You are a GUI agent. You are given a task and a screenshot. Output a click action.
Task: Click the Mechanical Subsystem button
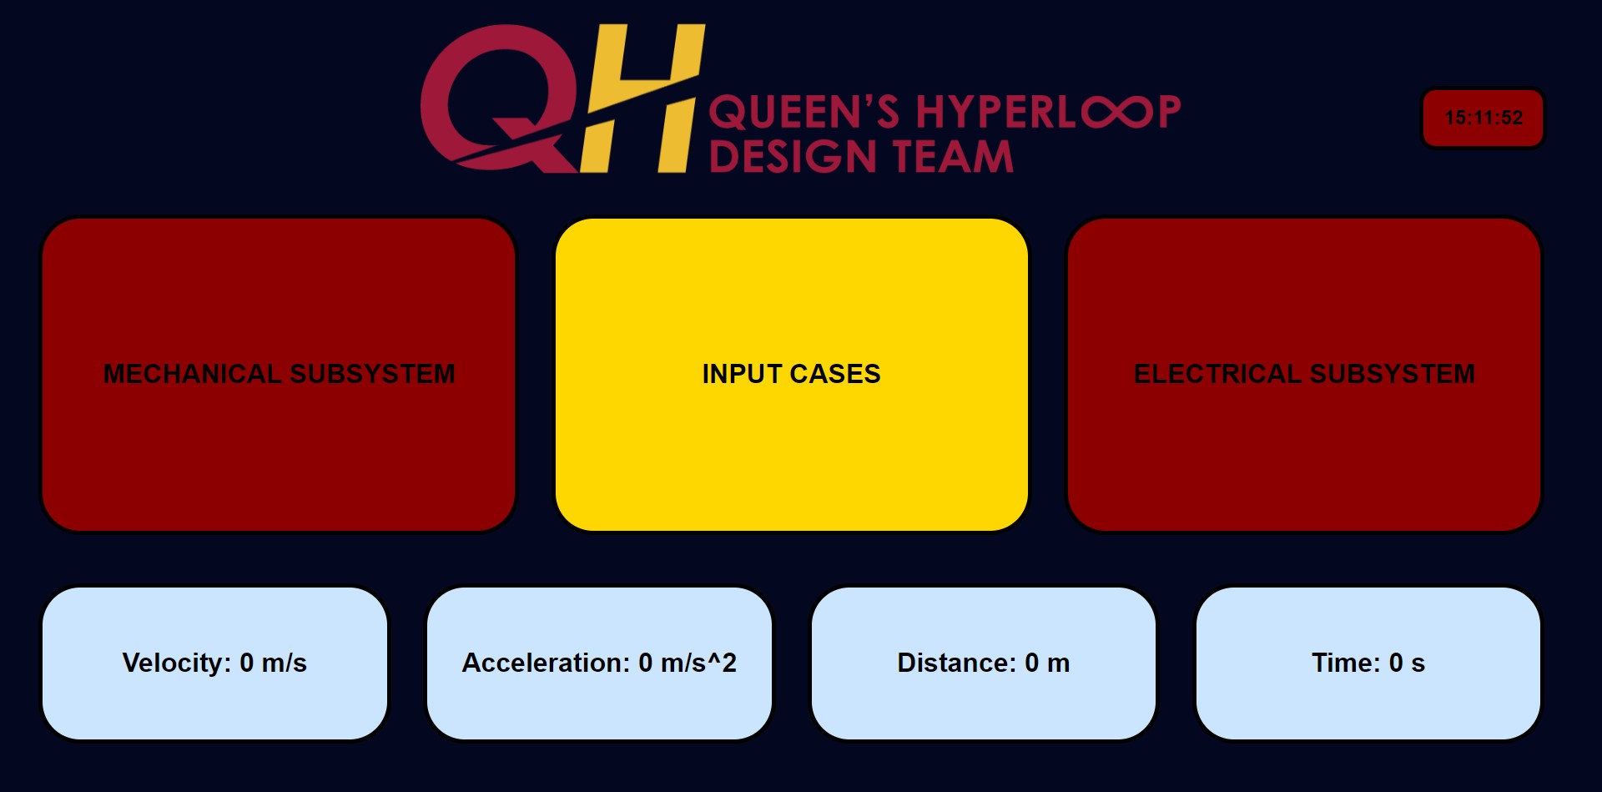tap(279, 375)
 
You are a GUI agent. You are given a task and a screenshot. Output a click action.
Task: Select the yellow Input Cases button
tap(791, 375)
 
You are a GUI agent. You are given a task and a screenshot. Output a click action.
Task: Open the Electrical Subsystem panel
tap(1304, 375)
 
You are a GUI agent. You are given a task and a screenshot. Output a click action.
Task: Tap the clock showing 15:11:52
tap(1484, 119)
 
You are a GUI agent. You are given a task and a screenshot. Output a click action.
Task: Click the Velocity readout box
tap(214, 663)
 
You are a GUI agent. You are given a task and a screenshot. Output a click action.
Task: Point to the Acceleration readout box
tap(599, 663)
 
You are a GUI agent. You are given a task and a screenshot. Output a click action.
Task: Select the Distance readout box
tap(984, 663)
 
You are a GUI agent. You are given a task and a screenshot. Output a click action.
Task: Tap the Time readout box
tap(1368, 663)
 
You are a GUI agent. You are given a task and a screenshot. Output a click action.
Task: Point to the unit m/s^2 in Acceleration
tap(698, 663)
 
